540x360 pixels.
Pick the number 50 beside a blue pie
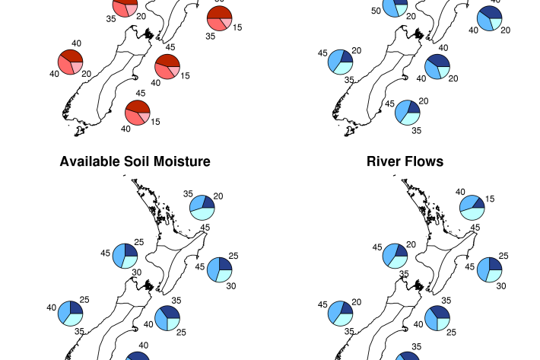(x=376, y=11)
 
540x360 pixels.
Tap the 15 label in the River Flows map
(x=490, y=199)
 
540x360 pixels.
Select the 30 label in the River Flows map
(x=501, y=286)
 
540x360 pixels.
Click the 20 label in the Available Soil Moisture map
(x=218, y=196)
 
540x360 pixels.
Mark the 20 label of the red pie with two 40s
(x=86, y=74)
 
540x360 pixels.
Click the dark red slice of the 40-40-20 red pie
(x=71, y=55)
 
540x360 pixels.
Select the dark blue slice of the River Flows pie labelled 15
(x=479, y=203)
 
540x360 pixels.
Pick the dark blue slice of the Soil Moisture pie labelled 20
(x=208, y=202)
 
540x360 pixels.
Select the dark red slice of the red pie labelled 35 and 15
(x=220, y=12)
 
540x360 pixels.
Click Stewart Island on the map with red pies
(x=80, y=131)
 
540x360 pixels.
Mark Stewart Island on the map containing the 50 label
(x=350, y=131)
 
